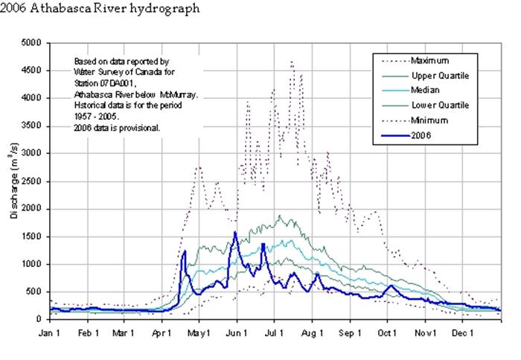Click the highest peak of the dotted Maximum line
(x=291, y=62)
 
